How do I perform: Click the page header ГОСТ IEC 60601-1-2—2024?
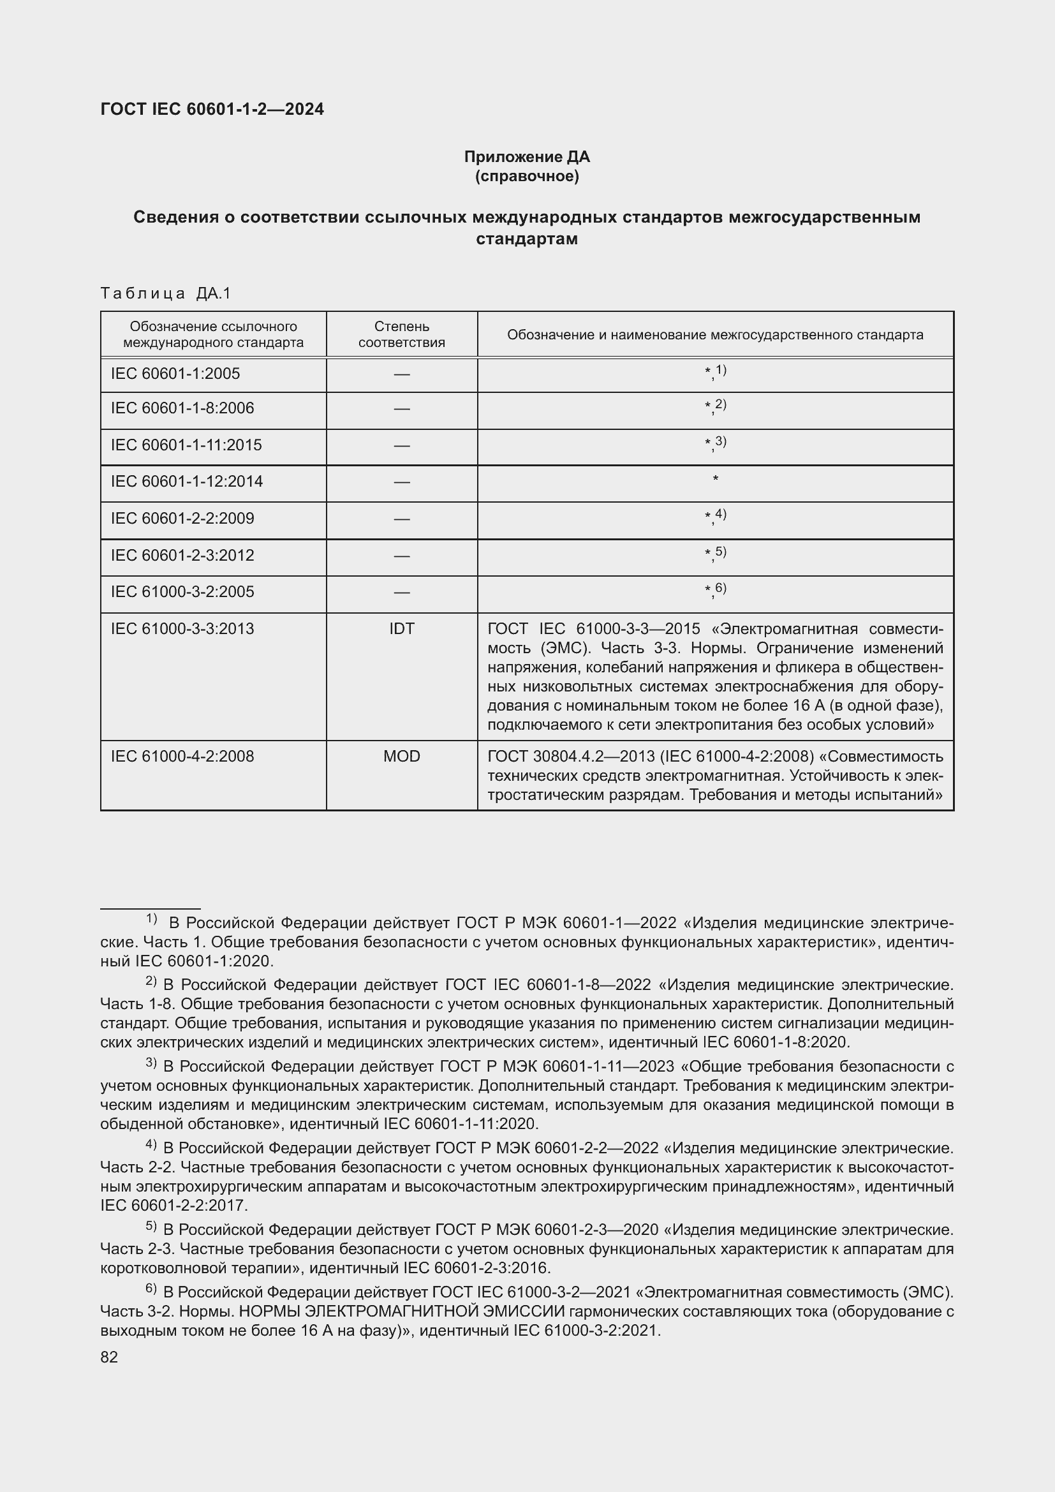(x=212, y=109)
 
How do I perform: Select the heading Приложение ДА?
(x=527, y=157)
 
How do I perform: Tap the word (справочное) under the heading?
(x=527, y=176)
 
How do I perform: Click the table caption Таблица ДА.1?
(x=166, y=293)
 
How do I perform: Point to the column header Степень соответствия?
(x=401, y=334)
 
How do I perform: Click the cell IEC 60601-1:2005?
(x=175, y=374)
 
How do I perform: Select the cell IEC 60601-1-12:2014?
(x=187, y=482)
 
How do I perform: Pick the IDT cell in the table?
(x=401, y=629)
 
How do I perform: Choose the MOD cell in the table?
(x=401, y=757)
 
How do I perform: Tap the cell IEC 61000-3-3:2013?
(x=182, y=629)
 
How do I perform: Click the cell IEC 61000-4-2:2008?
(x=182, y=757)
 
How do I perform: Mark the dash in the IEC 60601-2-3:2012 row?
(x=401, y=556)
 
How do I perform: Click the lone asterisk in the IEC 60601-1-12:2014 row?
(x=715, y=480)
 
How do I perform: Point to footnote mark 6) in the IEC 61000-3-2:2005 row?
(x=719, y=588)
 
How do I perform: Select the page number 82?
(x=109, y=1357)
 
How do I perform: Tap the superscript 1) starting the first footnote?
(x=151, y=918)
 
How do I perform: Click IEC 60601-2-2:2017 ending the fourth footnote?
(x=173, y=1206)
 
